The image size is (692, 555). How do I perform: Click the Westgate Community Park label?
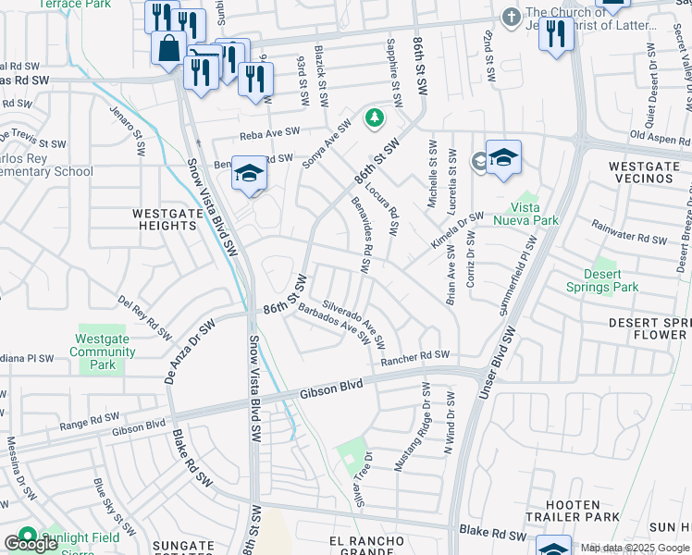[103, 351]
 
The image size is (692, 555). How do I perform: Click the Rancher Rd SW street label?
[414, 356]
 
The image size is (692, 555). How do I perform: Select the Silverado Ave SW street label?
[353, 321]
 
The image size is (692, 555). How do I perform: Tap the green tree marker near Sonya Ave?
[374, 117]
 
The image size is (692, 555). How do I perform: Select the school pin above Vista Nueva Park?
[502, 159]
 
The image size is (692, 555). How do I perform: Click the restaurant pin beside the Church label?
[555, 36]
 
